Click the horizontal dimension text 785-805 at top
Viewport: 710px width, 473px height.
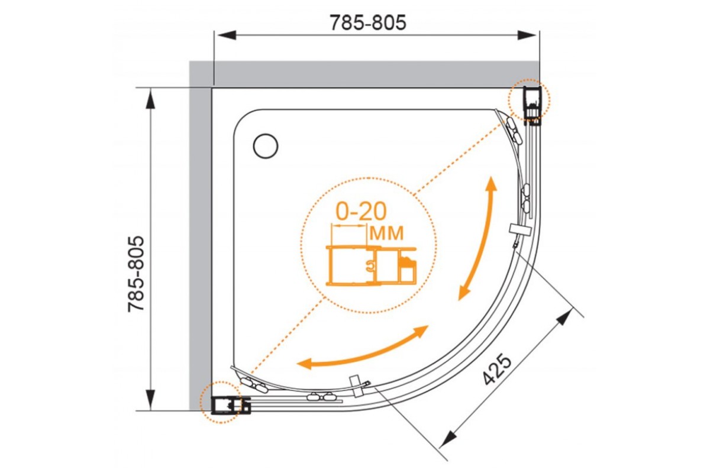point(368,22)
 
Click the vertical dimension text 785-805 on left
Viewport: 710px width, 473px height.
point(135,274)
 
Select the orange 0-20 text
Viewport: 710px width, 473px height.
point(361,211)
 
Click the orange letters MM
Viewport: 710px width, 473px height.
point(386,233)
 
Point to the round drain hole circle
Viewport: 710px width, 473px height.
point(266,146)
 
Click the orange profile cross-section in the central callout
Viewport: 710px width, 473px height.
point(371,265)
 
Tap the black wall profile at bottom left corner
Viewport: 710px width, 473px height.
point(230,406)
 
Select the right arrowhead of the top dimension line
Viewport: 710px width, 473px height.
point(527,35)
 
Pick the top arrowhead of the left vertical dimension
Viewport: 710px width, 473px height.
point(150,99)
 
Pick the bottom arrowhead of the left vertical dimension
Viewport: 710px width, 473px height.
point(150,400)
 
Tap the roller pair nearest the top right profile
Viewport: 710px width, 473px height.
point(513,131)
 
